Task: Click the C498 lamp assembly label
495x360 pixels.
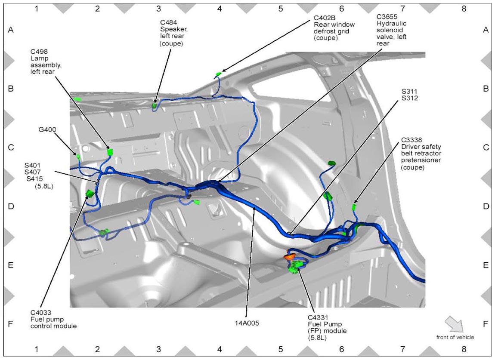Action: (46, 62)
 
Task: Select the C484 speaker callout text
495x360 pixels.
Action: (174, 33)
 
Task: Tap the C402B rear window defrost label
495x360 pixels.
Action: (334, 28)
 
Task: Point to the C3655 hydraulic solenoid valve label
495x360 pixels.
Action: (391, 30)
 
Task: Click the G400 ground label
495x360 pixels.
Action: (47, 129)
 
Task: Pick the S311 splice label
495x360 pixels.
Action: (410, 92)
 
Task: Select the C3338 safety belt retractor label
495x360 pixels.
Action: (421, 154)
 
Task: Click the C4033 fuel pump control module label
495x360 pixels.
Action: (54, 319)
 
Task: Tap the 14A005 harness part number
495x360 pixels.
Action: (247, 323)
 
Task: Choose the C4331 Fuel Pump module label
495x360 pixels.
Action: (327, 327)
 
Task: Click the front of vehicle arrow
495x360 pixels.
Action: (454, 324)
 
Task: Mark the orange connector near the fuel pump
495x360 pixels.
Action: (290, 257)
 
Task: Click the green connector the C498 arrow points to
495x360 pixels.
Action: (109, 152)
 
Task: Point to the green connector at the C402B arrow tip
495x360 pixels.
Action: (218, 74)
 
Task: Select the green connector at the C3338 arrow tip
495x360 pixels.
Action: (354, 207)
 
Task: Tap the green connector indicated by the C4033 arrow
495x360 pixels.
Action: (90, 193)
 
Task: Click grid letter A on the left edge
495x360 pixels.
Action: (11, 30)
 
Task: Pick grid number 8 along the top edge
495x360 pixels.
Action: (464, 9)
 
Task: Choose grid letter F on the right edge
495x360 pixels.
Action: (486, 324)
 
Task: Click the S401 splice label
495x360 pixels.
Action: (33, 165)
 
